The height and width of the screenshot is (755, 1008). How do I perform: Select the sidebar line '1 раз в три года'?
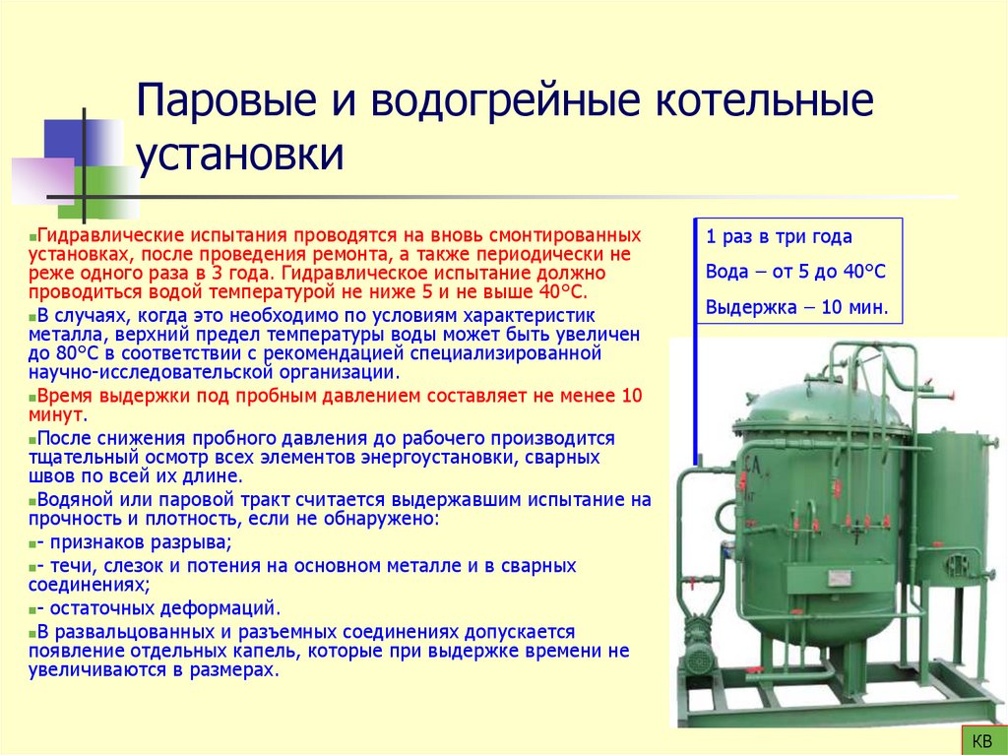pyautogui.click(x=779, y=237)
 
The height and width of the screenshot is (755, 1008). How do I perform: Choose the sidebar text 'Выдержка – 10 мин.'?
pyautogui.click(x=796, y=307)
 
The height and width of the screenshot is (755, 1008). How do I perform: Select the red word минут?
pyautogui.click(x=54, y=415)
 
